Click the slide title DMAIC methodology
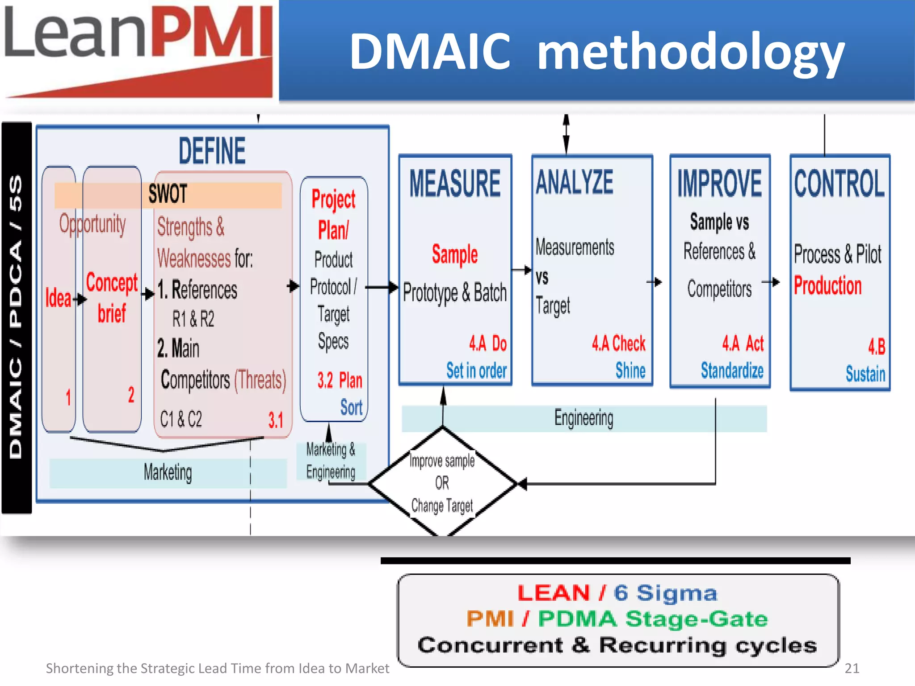(597, 51)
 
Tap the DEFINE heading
(212, 151)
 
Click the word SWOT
(168, 194)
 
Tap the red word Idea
(58, 298)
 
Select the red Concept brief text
(112, 297)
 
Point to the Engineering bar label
(583, 418)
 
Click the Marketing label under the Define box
(168, 473)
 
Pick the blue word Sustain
(865, 374)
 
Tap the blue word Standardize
(732, 371)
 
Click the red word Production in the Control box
(827, 286)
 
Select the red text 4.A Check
(618, 343)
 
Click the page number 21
(852, 668)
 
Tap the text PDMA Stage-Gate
(652, 619)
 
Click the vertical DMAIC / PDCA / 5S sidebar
(16, 317)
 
